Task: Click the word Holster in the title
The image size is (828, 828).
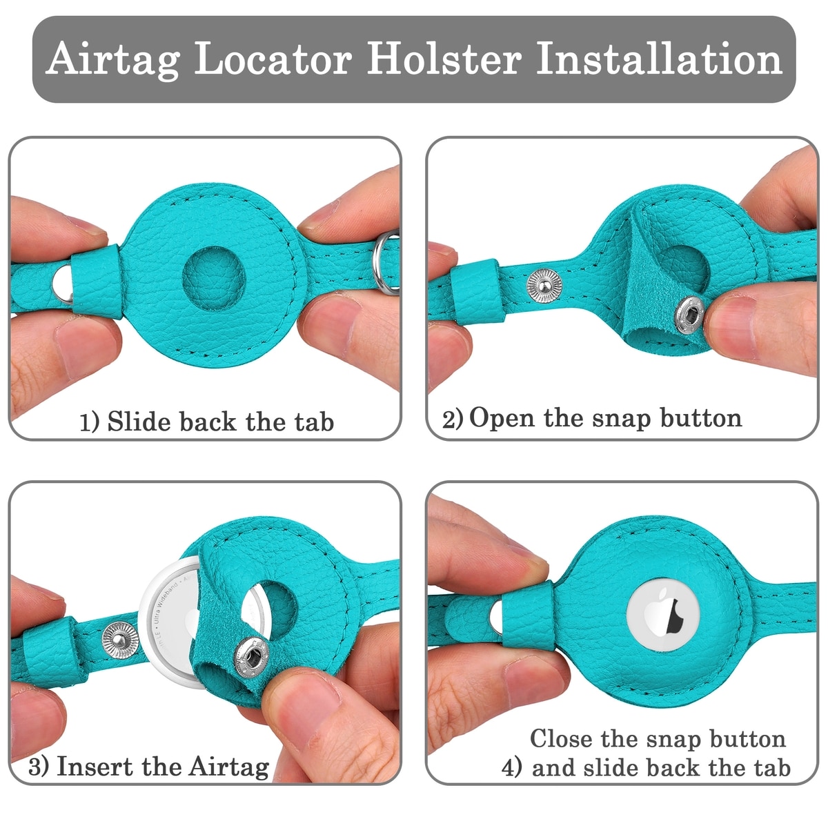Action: pyautogui.click(x=444, y=59)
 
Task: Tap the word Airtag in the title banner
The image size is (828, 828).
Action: pyautogui.click(x=112, y=61)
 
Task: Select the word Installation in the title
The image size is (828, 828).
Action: pyautogui.click(x=659, y=59)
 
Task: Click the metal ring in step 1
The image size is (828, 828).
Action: pyautogui.click(x=385, y=262)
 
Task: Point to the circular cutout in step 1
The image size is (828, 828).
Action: pyautogui.click(x=213, y=278)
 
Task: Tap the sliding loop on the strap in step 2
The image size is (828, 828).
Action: pyautogui.click(x=477, y=292)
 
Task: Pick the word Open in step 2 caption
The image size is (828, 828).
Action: pyautogui.click(x=502, y=419)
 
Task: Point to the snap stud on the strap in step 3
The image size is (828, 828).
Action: pyautogui.click(x=120, y=640)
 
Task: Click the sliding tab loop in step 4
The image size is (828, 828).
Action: pyautogui.click(x=528, y=615)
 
